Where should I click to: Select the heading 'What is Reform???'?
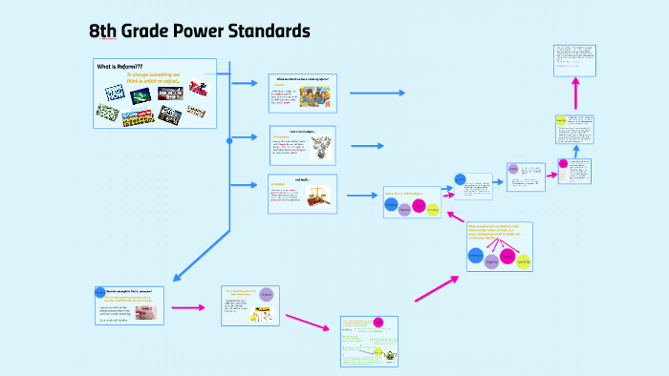tap(119, 66)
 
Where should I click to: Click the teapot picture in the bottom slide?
tap(390, 354)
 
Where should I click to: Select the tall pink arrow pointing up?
tap(575, 95)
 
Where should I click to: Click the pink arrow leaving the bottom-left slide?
tap(188, 307)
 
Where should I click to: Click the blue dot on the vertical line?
tap(229, 140)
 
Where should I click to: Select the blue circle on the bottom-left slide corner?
tap(100, 291)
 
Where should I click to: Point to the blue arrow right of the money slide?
tap(367, 145)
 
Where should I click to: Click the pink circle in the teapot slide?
tap(378, 323)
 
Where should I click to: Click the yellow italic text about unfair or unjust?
tap(159, 78)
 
